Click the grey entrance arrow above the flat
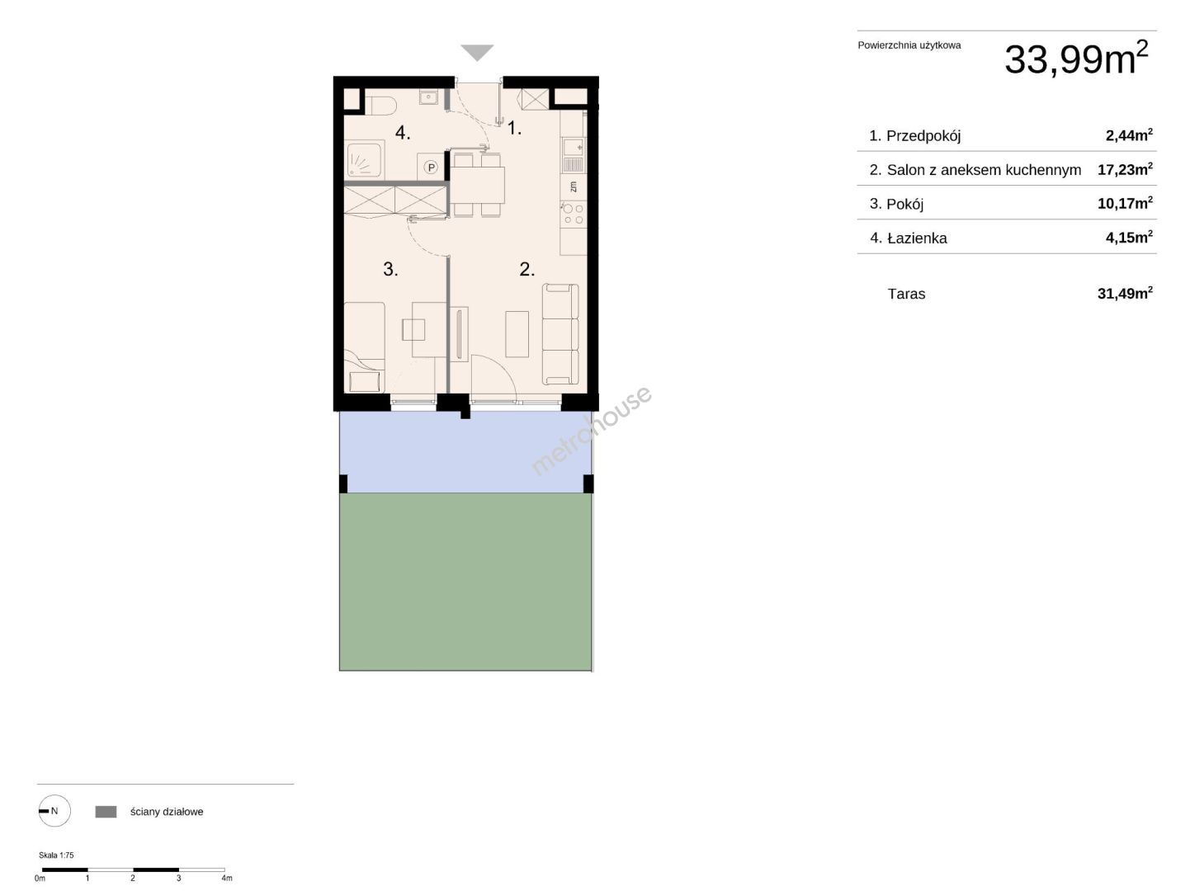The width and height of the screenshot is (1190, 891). (477, 52)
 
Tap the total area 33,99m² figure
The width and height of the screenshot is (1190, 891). (1076, 58)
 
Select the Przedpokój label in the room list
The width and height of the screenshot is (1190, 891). (923, 135)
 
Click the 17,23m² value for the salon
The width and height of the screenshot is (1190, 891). (1125, 169)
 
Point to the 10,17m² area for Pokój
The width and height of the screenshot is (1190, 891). (1125, 203)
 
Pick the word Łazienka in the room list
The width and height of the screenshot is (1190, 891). (917, 238)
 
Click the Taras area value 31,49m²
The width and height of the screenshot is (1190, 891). (1125, 293)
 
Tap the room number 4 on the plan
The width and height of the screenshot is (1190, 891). (402, 132)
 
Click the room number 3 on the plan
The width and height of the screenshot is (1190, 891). (390, 269)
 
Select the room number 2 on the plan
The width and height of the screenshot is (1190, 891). (527, 269)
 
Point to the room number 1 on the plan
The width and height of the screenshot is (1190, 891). (514, 129)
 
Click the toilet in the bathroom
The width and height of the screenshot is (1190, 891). (381, 105)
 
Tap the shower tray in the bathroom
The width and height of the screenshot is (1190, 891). (365, 159)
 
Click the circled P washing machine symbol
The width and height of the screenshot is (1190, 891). (432, 167)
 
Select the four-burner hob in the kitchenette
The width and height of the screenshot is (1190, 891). (573, 214)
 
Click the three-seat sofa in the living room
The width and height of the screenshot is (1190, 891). (560, 334)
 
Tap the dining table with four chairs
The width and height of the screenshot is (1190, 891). (477, 185)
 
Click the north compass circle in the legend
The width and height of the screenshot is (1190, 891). (54, 811)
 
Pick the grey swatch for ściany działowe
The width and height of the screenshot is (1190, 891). (106, 811)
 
